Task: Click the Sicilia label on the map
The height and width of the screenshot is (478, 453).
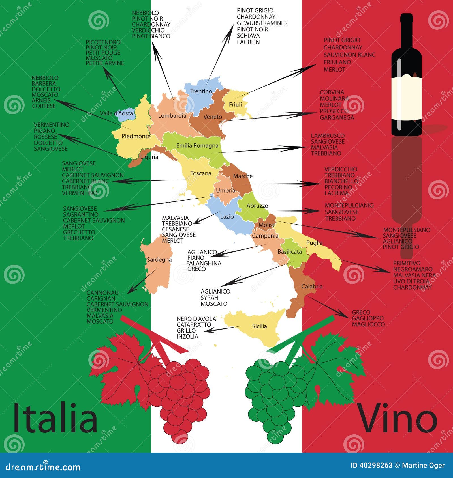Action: [259, 326]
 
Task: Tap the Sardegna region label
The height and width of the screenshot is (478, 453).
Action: [159, 259]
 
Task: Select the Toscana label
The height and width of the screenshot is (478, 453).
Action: [201, 173]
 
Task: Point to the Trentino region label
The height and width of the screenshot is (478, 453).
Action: [201, 91]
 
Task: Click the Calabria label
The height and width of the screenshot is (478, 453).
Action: [312, 286]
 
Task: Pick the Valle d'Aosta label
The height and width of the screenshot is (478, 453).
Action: [116, 113]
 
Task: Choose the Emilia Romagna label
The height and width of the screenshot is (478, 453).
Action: [197, 145]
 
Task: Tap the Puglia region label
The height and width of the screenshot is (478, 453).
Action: [314, 242]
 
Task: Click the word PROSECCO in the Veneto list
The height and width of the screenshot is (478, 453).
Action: [334, 111]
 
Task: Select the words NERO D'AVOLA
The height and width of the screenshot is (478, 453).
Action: [196, 319]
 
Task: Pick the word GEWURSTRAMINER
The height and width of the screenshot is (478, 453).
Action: [262, 23]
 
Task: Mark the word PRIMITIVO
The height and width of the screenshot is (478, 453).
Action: [407, 263]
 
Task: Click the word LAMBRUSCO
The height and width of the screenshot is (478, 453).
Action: [328, 136]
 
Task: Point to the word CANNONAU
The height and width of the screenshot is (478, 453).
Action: [102, 293]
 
